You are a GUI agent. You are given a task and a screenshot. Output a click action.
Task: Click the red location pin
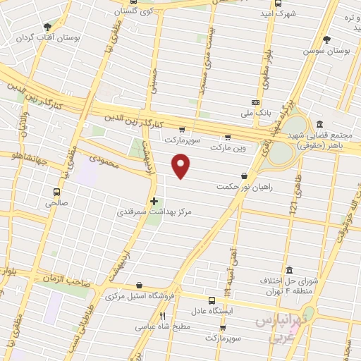coord(181,166)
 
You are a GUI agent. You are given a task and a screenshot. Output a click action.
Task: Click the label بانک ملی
coord(246,112)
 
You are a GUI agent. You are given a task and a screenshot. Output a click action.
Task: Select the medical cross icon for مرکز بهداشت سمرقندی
coord(154,201)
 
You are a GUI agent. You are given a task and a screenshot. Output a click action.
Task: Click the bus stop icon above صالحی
coord(57,191)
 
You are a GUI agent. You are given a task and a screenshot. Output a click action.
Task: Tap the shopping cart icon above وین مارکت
coord(226,137)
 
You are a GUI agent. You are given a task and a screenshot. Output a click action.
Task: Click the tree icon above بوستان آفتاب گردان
coord(47,26)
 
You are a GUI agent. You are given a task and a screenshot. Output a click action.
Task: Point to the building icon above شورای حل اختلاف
coord(290,270)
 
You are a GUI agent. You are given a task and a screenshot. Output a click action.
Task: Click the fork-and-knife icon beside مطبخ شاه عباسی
coord(162,316)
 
